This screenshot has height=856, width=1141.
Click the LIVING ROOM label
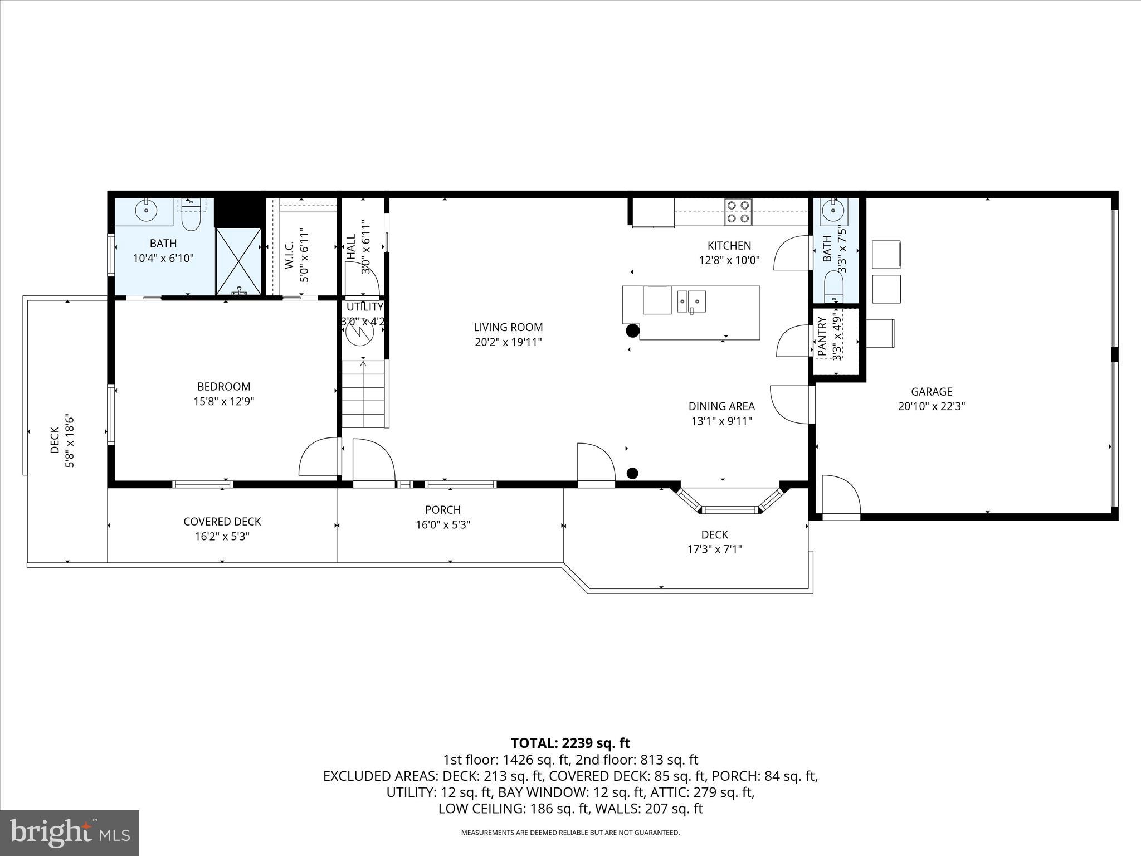(x=508, y=328)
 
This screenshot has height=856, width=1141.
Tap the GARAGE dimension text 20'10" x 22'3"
(x=932, y=407)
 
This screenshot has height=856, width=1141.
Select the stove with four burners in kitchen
(x=738, y=212)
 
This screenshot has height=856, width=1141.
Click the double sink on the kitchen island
(x=691, y=301)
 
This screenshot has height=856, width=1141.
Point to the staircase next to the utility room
(x=364, y=393)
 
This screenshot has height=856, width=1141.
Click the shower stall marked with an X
(x=238, y=260)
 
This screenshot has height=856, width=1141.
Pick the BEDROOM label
(x=224, y=387)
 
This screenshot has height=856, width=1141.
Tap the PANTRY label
(x=822, y=337)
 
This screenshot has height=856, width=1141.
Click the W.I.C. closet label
(x=290, y=255)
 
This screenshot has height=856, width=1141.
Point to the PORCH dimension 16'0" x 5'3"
(x=443, y=525)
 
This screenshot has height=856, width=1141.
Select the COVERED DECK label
(x=222, y=522)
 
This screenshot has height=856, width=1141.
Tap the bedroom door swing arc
(x=319, y=457)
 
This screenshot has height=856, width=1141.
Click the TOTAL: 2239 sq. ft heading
(x=570, y=743)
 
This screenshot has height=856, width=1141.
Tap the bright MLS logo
(x=70, y=833)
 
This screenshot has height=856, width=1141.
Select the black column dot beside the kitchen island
(x=632, y=331)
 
